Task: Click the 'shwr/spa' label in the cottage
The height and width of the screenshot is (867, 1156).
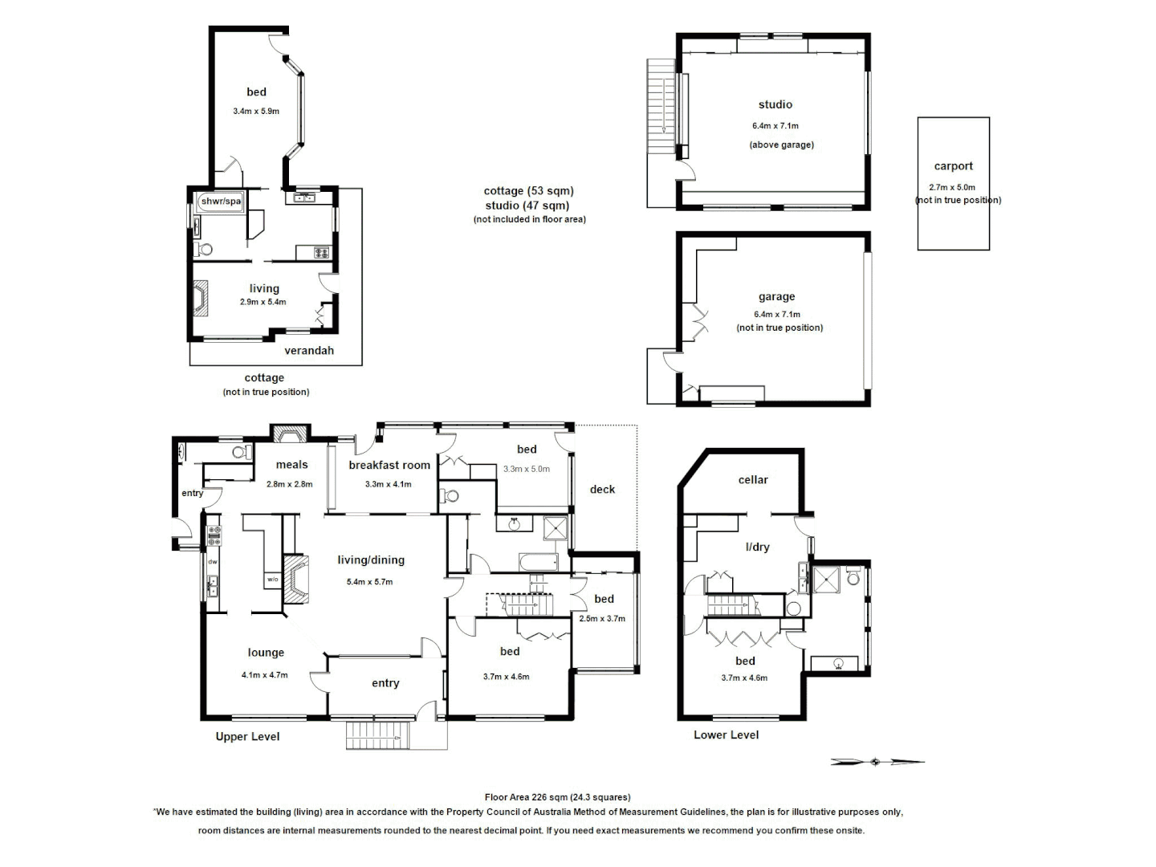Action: (221, 201)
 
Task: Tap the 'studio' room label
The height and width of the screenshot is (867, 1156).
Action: (775, 104)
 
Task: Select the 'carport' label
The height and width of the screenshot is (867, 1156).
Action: (953, 166)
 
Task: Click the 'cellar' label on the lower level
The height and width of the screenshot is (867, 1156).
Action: (753, 479)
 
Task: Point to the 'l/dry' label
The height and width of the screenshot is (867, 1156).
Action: (757, 547)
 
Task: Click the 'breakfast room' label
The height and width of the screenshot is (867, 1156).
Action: (389, 465)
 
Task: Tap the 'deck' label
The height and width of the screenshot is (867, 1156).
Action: (602, 489)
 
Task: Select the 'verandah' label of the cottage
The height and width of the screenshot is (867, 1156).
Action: (309, 350)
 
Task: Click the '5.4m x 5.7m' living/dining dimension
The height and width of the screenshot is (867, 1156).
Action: (369, 582)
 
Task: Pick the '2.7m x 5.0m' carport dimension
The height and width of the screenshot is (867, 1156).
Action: (952, 187)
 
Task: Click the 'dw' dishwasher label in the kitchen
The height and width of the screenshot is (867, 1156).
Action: (213, 562)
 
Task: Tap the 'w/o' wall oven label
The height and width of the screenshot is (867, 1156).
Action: (272, 579)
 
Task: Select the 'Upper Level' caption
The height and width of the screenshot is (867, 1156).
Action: (247, 736)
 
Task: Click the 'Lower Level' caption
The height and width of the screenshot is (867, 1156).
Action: (726, 735)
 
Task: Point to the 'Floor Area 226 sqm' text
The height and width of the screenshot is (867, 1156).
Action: (557, 797)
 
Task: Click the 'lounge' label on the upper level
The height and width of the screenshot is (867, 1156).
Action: (266, 653)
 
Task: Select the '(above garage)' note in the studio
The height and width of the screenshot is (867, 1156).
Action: (781, 144)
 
